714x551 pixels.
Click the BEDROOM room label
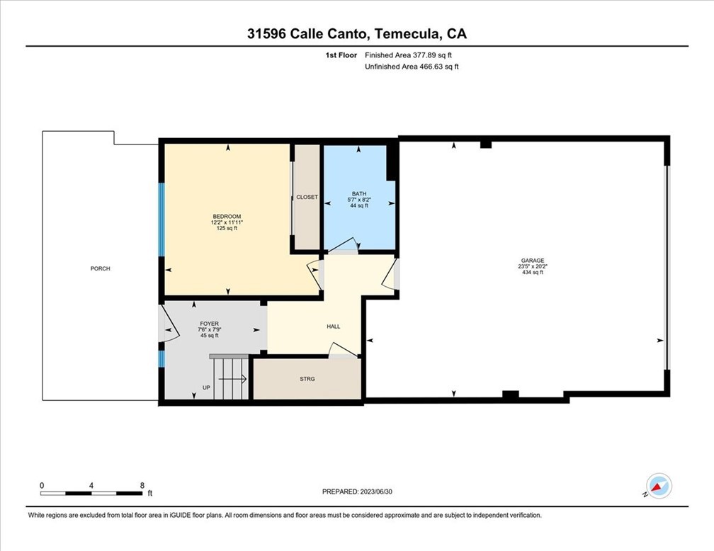click(227, 217)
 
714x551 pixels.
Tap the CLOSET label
click(307, 197)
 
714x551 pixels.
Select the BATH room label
click(359, 194)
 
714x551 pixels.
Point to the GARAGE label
click(532, 261)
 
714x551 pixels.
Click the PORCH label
click(100, 268)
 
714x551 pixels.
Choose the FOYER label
click(209, 324)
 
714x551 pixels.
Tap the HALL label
click(333, 326)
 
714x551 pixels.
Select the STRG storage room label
click(307, 379)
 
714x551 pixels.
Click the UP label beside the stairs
click(206, 387)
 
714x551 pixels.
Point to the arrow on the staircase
click(233, 379)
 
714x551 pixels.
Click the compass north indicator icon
click(659, 487)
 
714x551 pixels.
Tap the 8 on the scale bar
click(142, 485)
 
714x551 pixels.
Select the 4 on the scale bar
click(91, 485)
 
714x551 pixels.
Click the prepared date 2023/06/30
click(382, 491)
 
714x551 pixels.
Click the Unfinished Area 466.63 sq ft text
click(412, 67)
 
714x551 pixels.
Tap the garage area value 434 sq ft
click(532, 273)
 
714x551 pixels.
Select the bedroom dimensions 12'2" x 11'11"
click(227, 223)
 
